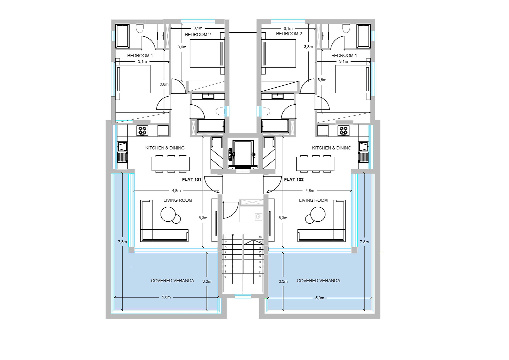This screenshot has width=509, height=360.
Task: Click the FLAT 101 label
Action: [192, 180]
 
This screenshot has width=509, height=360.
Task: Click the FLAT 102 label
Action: [294, 180]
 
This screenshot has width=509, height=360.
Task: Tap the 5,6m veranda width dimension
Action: [166, 297]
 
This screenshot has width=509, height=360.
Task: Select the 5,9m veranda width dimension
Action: [320, 298]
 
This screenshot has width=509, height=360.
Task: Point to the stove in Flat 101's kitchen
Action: [143, 131]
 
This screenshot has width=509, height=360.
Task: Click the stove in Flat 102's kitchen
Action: [343, 131]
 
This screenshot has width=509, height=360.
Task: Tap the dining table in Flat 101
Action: [171, 164]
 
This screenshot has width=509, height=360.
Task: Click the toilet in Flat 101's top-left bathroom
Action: [140, 28]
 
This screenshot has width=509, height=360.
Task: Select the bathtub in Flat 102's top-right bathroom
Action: [363, 36]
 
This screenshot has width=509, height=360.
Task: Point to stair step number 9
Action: [226, 277]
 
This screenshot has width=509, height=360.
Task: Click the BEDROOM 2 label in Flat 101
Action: [198, 35]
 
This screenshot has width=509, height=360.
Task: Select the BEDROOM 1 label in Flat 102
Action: [344, 55]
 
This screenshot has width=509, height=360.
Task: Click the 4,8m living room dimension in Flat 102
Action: [310, 191]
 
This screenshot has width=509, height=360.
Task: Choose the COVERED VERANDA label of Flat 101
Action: [173, 281]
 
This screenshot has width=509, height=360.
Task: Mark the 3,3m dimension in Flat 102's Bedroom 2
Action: [308, 47]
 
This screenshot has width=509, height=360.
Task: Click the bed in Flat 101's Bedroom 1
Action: [133, 79]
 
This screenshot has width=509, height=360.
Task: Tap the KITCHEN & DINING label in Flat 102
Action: [331, 148]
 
